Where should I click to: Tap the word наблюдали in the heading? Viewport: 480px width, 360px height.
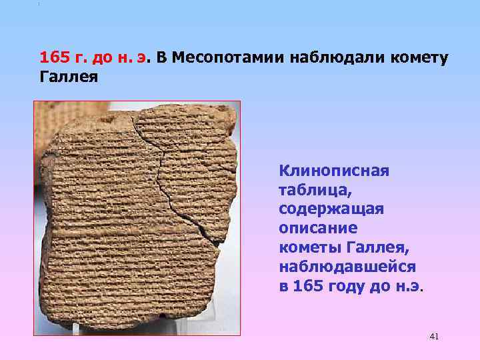[x=331, y=57]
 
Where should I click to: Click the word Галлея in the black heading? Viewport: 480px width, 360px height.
[x=69, y=77]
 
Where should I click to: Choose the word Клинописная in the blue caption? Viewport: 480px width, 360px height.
[x=333, y=170]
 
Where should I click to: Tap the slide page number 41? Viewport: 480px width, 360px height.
[x=434, y=337]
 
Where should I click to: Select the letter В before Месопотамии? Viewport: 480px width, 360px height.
[x=161, y=57]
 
